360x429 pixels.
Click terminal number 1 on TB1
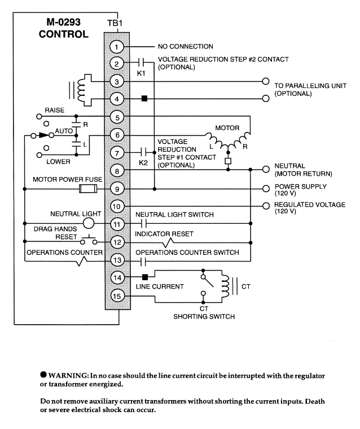(117, 47)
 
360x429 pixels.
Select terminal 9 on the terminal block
(117, 189)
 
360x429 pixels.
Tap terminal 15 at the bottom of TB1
(117, 296)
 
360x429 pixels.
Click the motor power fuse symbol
(88, 189)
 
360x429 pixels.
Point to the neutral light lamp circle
(89, 223)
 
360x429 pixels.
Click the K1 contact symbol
(141, 63)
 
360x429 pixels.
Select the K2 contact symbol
(143, 152)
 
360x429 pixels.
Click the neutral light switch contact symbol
(144, 224)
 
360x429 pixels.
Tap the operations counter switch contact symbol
(143, 261)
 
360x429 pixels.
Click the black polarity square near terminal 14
(145, 277)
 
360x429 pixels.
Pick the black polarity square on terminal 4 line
(144, 99)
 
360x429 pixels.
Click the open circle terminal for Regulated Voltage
(266, 206)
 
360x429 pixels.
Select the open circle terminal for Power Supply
(266, 188)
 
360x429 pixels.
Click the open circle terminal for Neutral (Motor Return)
(266, 169)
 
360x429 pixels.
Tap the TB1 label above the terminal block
(115, 23)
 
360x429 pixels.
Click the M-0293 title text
(64, 22)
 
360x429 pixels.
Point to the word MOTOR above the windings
(227, 128)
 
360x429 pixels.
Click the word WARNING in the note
(68, 375)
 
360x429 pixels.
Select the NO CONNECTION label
(185, 47)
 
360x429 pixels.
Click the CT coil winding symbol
(225, 286)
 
